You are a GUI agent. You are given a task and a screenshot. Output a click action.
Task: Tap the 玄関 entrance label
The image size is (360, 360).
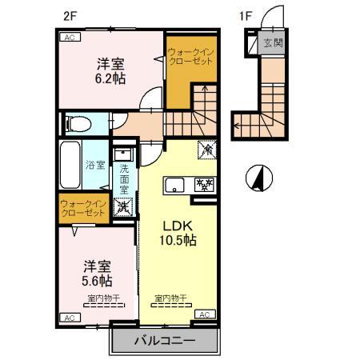click(x=273, y=43)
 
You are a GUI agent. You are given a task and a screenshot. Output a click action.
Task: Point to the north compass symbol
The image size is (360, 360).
click(x=258, y=177)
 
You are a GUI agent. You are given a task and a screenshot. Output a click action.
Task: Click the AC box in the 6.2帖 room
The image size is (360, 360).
click(x=70, y=38)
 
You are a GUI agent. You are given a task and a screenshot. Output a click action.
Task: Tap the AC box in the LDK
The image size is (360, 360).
click(x=204, y=314)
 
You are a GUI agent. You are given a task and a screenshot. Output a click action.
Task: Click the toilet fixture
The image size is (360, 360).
click(x=74, y=124)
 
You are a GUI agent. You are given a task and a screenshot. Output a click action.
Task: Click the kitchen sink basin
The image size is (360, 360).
click(x=175, y=186)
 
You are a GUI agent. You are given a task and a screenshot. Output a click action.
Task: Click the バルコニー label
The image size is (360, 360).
click(x=165, y=341)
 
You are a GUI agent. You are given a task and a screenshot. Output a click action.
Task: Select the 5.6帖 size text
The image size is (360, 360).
click(x=95, y=281)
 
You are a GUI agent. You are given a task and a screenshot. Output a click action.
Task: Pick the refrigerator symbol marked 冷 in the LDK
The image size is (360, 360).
click(x=204, y=147)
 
